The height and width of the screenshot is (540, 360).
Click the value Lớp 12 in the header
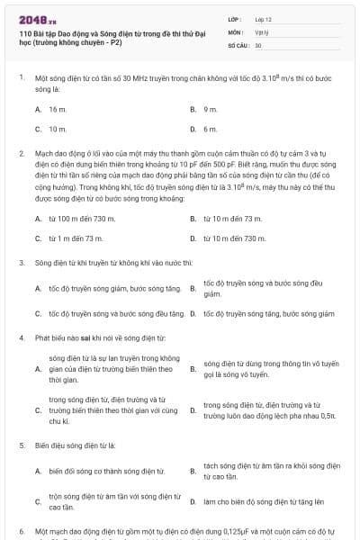tap(264, 18)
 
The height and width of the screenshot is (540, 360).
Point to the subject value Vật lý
tap(262, 31)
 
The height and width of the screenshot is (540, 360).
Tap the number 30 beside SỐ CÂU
tap(258, 45)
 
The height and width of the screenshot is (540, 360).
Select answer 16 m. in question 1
tap(58, 109)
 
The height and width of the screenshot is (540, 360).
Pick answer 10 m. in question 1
tap(58, 129)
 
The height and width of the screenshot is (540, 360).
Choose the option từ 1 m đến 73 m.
tap(76, 238)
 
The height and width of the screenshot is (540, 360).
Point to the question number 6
tap(22, 531)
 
